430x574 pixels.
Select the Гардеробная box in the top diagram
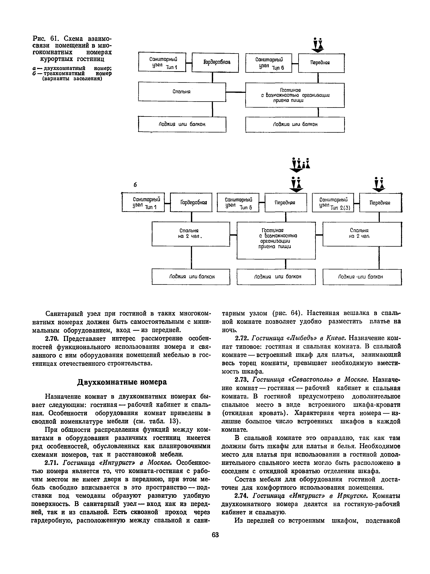tap(215, 63)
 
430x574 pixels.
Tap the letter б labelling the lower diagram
tap(135, 185)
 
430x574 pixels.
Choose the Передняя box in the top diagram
tap(321, 63)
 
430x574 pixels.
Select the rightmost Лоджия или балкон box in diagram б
tap(362, 277)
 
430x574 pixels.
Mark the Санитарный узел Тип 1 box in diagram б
tap(143, 202)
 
